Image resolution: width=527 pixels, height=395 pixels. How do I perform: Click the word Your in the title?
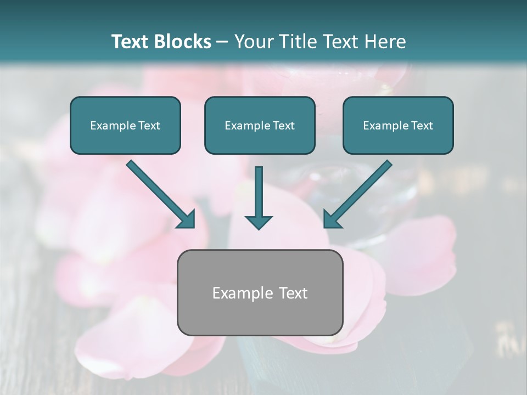(252, 42)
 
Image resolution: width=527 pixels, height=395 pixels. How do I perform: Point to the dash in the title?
(222, 42)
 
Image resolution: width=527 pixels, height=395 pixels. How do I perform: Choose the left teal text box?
(125, 125)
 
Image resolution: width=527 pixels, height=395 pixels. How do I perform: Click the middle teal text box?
(260, 125)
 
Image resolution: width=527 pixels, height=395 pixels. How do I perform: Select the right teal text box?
(398, 125)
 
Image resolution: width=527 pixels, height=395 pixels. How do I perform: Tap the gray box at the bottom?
(260, 292)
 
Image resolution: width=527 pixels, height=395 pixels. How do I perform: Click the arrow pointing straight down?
(259, 198)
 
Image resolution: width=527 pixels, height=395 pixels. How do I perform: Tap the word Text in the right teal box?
(422, 126)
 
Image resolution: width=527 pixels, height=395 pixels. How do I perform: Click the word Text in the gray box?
(294, 293)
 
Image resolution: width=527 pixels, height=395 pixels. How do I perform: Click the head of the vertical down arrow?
(259, 221)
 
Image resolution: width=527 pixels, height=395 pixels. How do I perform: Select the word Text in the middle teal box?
(283, 126)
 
